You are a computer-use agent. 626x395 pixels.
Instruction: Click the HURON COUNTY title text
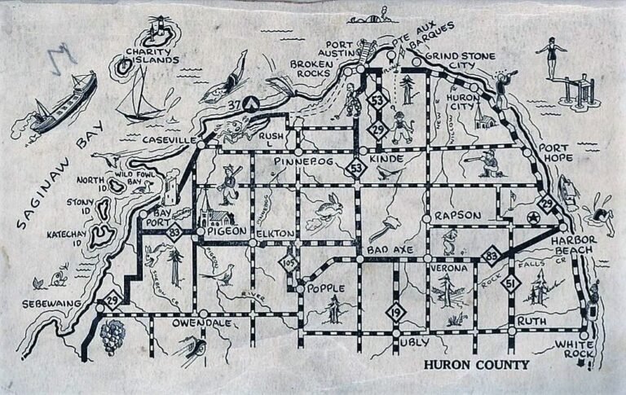coord(476,364)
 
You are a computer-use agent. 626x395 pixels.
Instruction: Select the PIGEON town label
coord(226,231)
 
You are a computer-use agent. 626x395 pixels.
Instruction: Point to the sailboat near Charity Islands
coord(140,95)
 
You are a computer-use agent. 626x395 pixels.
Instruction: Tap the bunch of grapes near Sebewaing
coord(112,336)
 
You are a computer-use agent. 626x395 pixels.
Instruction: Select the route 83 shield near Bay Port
coord(174,232)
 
